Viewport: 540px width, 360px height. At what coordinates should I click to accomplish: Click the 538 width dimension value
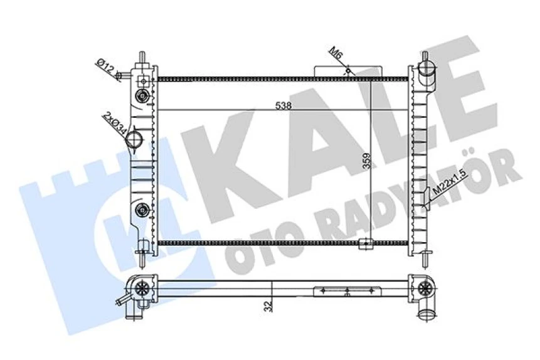282,105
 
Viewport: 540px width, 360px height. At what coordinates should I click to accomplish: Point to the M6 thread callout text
337,55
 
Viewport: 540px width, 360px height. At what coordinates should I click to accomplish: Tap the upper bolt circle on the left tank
144,97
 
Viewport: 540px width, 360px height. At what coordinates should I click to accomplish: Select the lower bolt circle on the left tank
144,209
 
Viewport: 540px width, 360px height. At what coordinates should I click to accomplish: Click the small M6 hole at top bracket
347,71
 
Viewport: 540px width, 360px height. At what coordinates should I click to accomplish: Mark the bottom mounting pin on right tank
426,256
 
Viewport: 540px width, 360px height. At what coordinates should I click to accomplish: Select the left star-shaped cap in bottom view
144,289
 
